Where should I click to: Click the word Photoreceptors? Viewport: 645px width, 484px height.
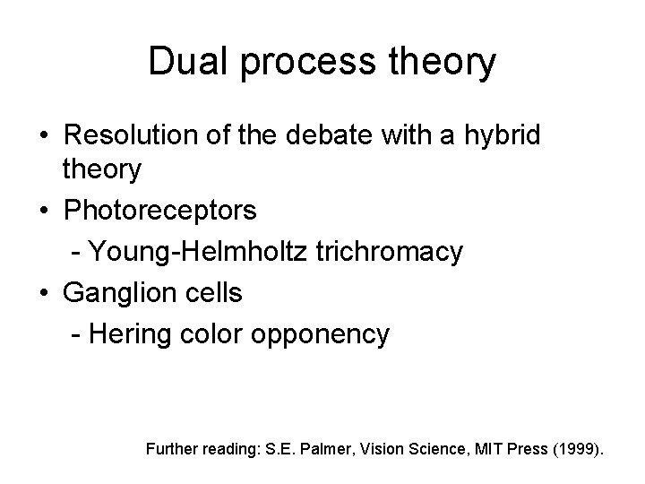(x=159, y=211)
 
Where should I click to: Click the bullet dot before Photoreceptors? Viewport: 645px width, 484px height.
(x=44, y=212)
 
